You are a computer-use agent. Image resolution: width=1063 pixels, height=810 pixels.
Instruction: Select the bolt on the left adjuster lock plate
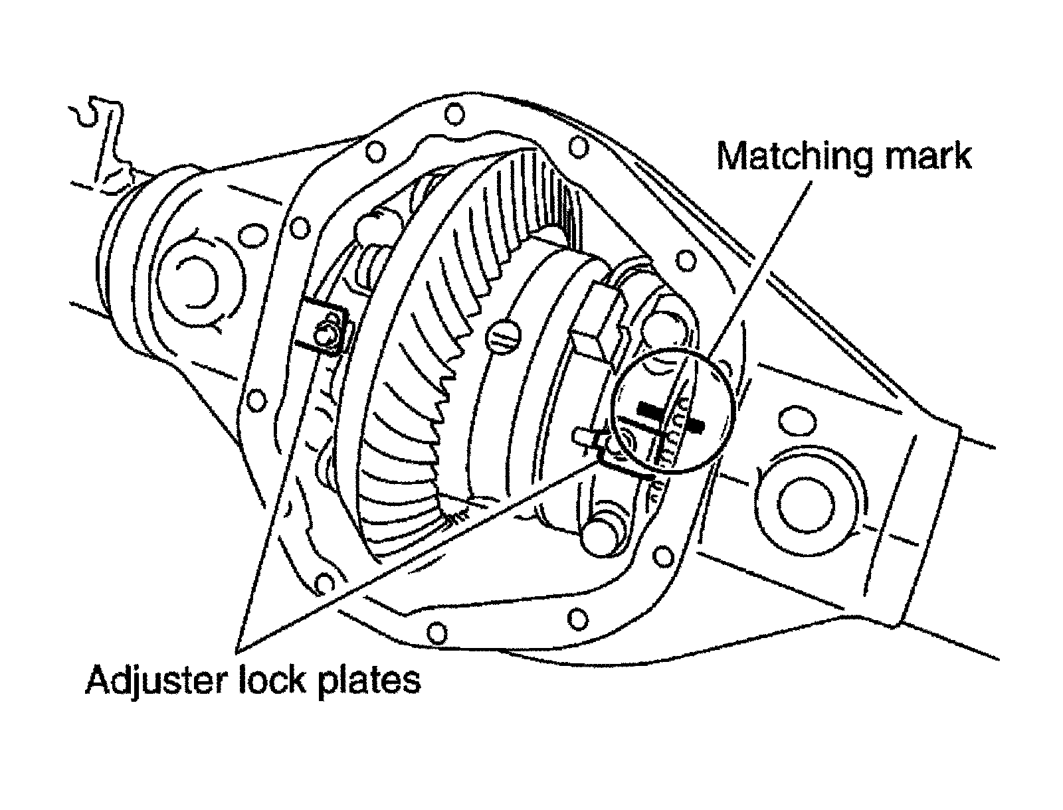tap(326, 336)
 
